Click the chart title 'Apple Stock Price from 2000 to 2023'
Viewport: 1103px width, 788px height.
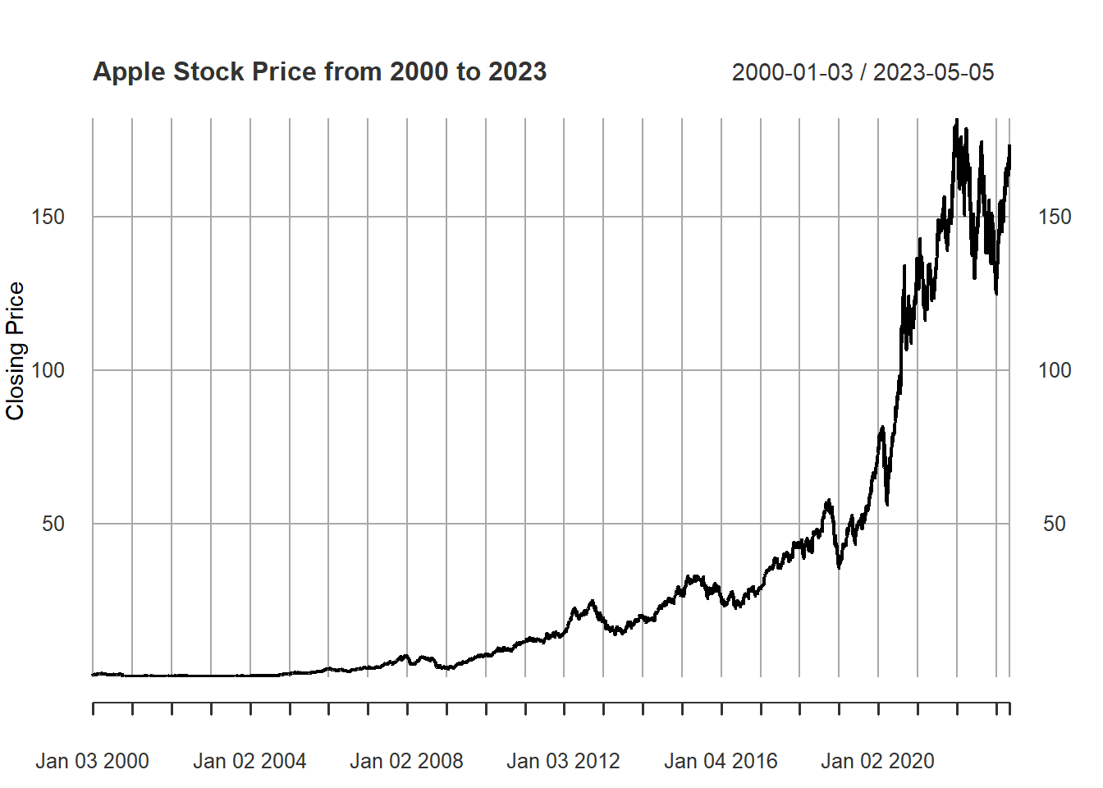point(319,72)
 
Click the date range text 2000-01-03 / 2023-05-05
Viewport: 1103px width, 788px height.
point(863,72)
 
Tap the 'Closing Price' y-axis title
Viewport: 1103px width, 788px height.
point(16,350)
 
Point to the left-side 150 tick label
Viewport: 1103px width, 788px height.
point(48,217)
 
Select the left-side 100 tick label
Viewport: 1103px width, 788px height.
point(48,370)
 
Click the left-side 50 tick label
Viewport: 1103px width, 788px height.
point(53,524)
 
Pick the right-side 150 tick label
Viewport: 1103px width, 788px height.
point(1055,217)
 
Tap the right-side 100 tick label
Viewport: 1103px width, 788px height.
point(1055,370)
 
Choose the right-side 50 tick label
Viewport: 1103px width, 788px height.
point(1055,524)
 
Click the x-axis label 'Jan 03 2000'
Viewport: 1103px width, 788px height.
point(92,762)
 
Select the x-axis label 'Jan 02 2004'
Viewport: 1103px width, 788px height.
point(249,762)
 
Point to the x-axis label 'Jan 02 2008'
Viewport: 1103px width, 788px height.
point(406,762)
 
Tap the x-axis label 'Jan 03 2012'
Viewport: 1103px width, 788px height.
point(563,762)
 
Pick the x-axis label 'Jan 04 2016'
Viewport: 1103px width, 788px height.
point(721,762)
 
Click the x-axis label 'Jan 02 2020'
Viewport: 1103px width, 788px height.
point(877,762)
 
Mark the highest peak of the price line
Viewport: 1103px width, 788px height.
point(956,121)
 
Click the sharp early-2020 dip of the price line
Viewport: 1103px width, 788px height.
point(887,503)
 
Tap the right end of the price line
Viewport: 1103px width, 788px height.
point(1009,148)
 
